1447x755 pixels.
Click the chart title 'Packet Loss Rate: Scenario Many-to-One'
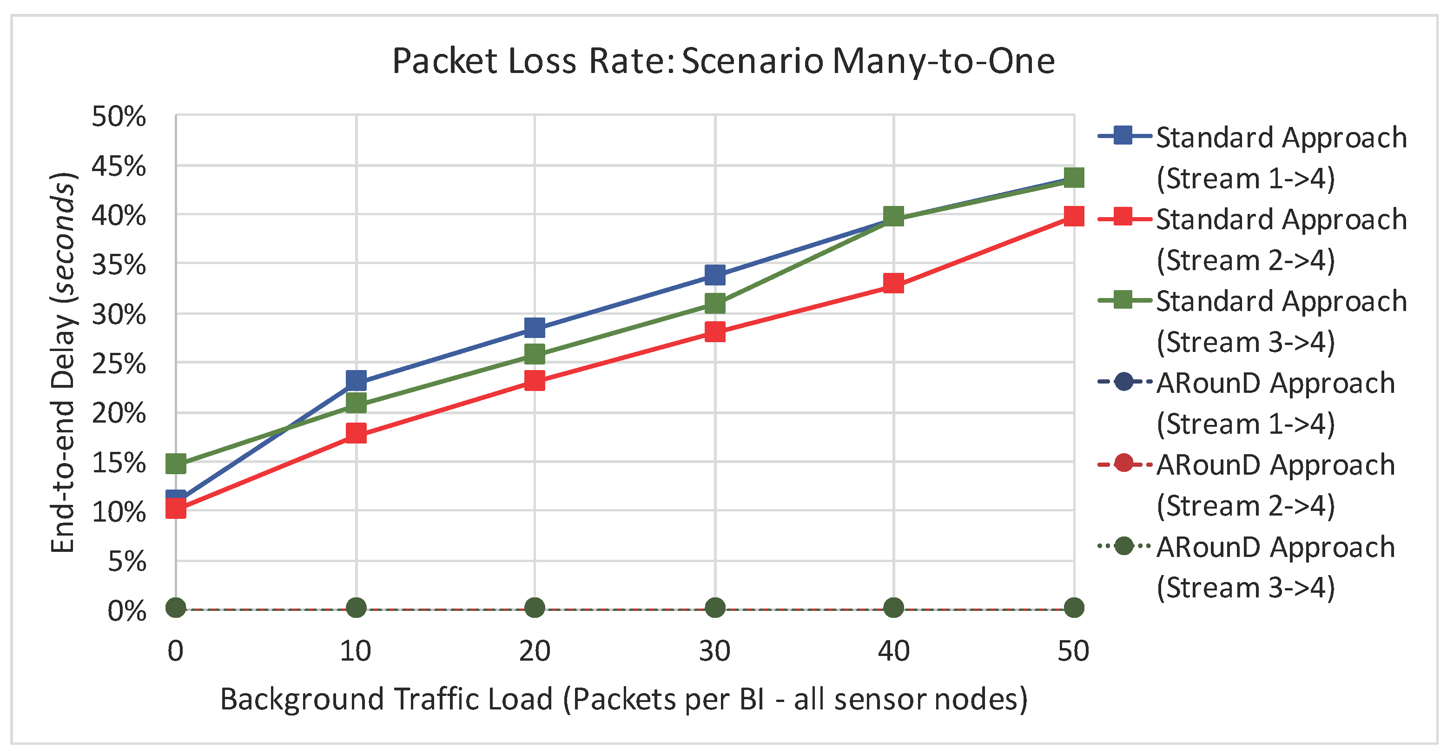723,60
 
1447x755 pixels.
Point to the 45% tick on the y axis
119,166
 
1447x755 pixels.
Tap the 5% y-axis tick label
127,561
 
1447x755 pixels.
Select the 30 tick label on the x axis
714,651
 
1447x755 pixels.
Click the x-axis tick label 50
1073,651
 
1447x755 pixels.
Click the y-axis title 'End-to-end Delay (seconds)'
63,362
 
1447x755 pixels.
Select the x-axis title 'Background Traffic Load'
623,699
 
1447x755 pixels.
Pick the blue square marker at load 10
356,381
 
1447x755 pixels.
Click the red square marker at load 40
893,284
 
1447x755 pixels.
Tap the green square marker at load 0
176,464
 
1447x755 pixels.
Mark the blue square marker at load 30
714,275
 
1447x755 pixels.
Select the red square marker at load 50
1073,216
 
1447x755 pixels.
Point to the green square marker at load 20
535,354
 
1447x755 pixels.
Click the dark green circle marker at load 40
893,608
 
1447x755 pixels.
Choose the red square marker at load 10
356,433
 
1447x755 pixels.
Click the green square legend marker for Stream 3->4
1123,300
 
